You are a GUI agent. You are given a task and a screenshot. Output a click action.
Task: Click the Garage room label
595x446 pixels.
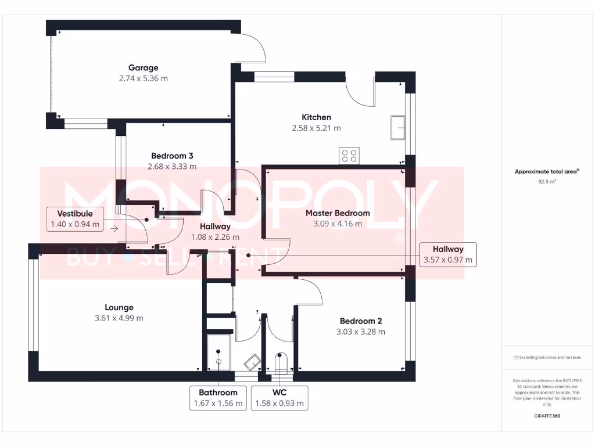tap(143, 68)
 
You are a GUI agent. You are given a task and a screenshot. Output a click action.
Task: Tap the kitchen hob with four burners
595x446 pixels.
tap(349, 156)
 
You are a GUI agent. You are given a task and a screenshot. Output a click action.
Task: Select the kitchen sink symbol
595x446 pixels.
tap(399, 128)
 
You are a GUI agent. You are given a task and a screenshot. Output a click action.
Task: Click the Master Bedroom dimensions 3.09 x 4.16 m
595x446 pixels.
tap(338, 224)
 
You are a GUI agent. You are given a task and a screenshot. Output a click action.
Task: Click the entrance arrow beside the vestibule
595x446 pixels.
tap(114, 228)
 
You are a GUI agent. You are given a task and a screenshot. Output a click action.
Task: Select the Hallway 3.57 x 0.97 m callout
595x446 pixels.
tap(447, 254)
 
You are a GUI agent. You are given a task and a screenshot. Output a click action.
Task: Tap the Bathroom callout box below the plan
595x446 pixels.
tap(218, 398)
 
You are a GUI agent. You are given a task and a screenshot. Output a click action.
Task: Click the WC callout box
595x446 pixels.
tap(279, 398)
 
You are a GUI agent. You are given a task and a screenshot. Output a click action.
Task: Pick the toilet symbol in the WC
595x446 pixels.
tap(279, 362)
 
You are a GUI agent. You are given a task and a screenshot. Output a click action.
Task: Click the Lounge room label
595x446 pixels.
tap(119, 307)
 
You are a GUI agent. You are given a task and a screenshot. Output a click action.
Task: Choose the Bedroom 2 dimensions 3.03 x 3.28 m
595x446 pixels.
tap(360, 332)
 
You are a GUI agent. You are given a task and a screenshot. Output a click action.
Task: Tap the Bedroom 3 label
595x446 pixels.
tap(172, 156)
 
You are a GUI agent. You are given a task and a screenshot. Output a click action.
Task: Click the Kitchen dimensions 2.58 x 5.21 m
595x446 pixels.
tap(316, 128)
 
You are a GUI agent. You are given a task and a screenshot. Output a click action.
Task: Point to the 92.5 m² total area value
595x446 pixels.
tap(547, 181)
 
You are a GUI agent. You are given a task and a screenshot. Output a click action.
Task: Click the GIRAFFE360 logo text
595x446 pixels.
tap(547, 416)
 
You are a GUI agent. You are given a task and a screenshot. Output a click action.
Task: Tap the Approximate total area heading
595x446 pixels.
tap(547, 171)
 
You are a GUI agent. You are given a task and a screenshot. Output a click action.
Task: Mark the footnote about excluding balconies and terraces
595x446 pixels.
tap(547, 357)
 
